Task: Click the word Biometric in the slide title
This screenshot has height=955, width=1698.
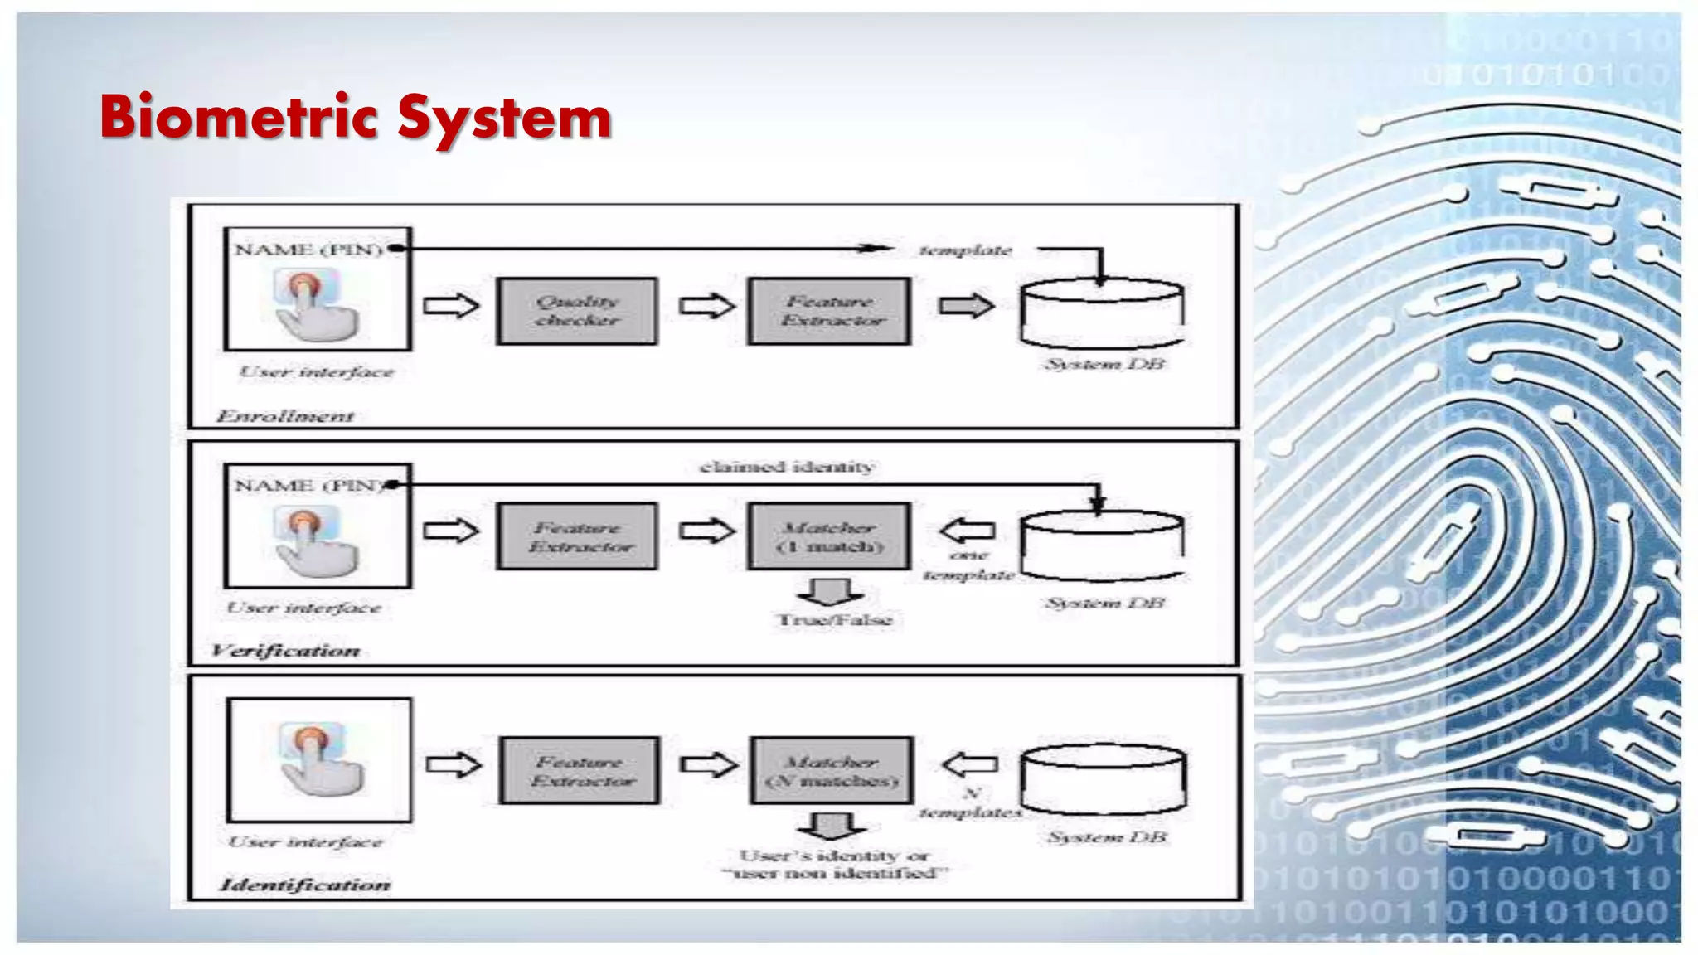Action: (x=240, y=117)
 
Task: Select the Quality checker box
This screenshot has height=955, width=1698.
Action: (x=577, y=311)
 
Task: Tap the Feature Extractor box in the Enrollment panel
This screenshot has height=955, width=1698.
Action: (x=829, y=311)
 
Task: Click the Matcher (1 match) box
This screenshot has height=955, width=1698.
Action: (x=829, y=536)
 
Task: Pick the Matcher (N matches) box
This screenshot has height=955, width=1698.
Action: (x=832, y=771)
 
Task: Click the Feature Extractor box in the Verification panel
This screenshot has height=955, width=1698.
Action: (x=577, y=536)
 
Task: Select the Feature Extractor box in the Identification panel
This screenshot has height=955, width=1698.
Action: (x=580, y=771)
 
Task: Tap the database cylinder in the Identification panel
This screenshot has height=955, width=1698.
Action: (x=1104, y=779)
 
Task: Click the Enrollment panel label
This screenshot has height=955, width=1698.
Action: (x=285, y=416)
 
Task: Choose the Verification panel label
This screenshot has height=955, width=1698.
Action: (x=285, y=651)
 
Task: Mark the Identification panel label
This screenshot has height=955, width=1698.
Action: (x=304, y=885)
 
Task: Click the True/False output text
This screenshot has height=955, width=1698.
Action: (x=834, y=620)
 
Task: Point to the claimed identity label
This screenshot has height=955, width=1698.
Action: (x=787, y=468)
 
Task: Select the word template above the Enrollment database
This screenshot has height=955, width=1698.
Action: (x=966, y=250)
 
